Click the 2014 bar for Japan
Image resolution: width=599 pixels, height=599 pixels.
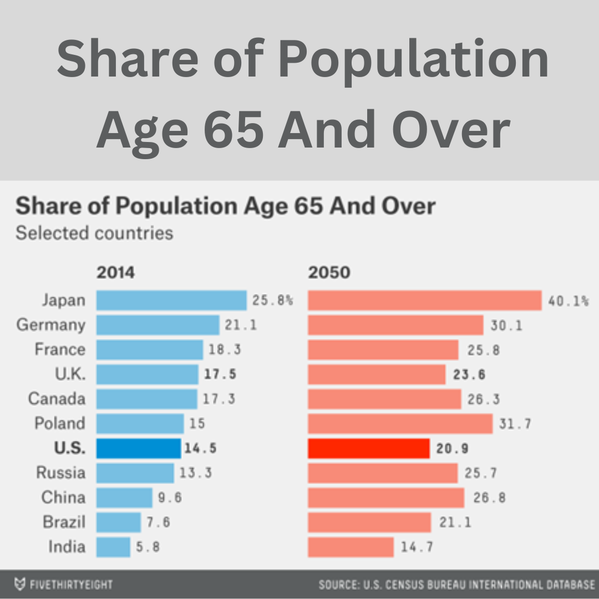(x=171, y=300)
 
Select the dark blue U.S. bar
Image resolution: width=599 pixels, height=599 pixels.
(x=139, y=448)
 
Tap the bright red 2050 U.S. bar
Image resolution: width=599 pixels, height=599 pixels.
(x=369, y=448)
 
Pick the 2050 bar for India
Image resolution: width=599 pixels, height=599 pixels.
(x=351, y=547)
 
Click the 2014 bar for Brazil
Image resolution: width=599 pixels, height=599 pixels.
(x=119, y=522)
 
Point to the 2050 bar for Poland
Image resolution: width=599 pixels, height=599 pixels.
(x=400, y=424)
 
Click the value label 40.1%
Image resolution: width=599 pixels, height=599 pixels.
(x=568, y=301)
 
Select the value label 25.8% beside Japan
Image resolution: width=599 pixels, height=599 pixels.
(x=272, y=301)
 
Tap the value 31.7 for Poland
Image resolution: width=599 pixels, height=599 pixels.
(x=515, y=424)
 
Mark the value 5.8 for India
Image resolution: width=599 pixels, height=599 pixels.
(x=148, y=547)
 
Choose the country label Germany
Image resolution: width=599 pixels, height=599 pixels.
(x=51, y=324)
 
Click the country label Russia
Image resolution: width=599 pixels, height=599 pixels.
(x=61, y=473)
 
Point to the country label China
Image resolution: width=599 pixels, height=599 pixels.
(x=64, y=498)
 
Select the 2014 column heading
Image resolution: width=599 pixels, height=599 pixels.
(x=115, y=273)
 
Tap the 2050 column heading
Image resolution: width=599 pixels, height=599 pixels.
(x=329, y=273)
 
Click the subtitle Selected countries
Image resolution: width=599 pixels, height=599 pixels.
(x=94, y=233)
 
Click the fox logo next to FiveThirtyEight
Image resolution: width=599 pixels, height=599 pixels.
(x=21, y=585)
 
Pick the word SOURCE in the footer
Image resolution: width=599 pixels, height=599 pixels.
(x=338, y=585)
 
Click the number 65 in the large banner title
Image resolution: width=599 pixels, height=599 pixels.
(x=234, y=129)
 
